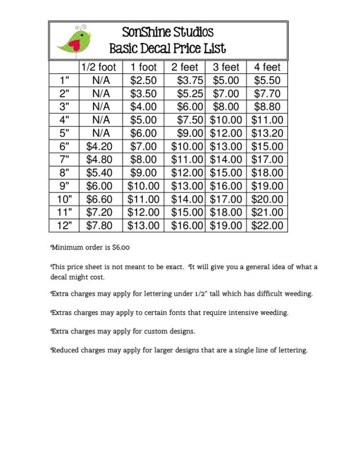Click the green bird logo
[75, 40]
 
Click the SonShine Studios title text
[167, 32]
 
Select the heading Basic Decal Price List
[167, 48]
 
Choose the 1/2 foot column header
[98, 68]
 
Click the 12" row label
[64, 225]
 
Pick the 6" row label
[64, 146]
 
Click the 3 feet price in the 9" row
[226, 186]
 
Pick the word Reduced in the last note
[64, 350]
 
